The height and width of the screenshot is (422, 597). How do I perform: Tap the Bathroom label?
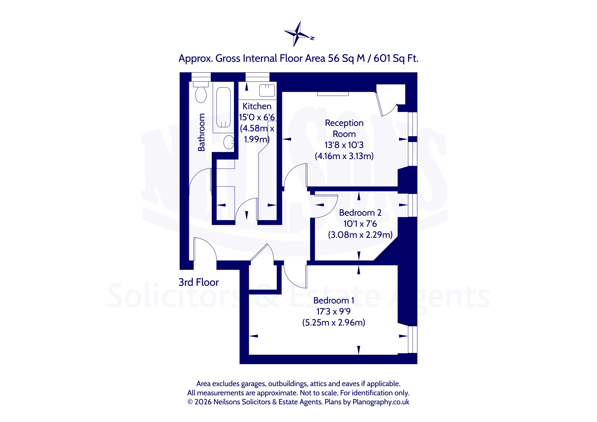coord(201,132)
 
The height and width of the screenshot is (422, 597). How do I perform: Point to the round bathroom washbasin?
coord(229,142)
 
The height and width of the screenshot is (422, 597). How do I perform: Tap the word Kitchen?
coord(257,106)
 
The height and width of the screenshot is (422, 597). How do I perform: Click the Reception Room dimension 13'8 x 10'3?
coord(344,145)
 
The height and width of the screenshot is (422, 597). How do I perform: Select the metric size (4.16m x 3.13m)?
coord(344,156)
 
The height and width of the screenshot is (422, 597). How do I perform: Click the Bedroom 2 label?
coord(360,213)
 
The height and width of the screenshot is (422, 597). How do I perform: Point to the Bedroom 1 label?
coord(334,300)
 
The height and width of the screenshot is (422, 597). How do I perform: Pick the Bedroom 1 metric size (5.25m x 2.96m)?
coord(334,322)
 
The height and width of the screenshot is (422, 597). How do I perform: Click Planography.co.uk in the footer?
coord(381,402)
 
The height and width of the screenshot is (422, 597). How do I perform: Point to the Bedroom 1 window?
coord(412,340)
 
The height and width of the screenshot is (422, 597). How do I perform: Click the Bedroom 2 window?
coord(412,205)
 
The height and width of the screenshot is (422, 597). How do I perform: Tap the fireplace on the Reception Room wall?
coord(333,94)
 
